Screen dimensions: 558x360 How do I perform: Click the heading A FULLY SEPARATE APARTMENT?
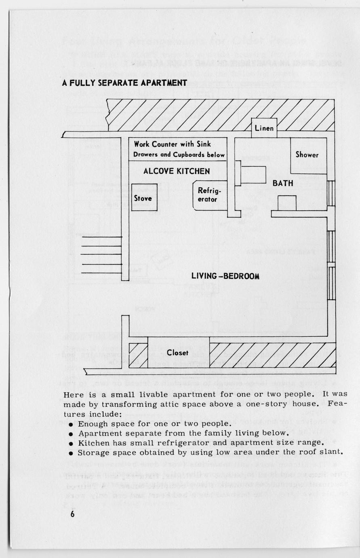pos(124,83)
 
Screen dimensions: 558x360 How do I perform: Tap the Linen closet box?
pos(264,128)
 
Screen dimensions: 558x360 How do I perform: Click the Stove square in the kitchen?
pos(143,198)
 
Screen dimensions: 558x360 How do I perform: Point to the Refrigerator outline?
pos(208,195)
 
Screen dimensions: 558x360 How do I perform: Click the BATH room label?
pos(283,183)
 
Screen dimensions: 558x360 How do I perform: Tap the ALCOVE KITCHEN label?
pos(177,171)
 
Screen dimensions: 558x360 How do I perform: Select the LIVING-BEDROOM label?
pos(225,276)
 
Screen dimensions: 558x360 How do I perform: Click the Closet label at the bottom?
pos(178,353)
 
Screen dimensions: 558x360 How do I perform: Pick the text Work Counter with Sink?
pos(173,144)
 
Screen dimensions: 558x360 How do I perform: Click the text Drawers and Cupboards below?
pos(179,154)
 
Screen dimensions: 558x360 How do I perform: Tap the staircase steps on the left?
pos(101,255)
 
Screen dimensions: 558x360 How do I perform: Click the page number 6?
pos(72,514)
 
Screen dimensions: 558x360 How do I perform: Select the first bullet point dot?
pos(71,424)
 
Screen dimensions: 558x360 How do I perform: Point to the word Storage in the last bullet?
pos(92,452)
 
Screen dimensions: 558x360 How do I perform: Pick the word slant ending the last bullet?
pos(332,452)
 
